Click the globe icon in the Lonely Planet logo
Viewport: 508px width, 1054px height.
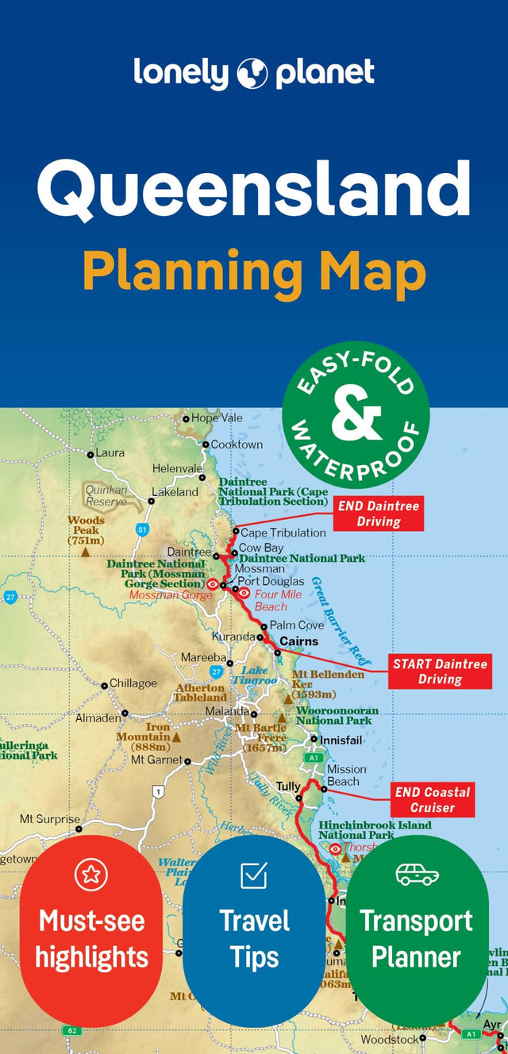(254, 72)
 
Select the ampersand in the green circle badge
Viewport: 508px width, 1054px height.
(356, 414)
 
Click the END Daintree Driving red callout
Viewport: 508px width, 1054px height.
(378, 514)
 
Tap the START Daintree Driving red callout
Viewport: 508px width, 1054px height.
(440, 671)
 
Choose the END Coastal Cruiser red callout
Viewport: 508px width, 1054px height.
(433, 800)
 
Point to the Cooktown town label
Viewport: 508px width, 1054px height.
(237, 444)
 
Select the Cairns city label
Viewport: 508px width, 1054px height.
(299, 641)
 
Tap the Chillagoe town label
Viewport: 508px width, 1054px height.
(133, 683)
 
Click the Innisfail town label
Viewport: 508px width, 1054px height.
(341, 739)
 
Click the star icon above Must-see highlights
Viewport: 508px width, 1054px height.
(90, 875)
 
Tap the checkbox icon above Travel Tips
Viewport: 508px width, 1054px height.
(254, 875)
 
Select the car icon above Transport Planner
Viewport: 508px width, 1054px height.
(417, 875)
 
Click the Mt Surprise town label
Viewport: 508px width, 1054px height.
(50, 819)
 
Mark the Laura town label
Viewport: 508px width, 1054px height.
(110, 453)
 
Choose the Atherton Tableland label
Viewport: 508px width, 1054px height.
(200, 693)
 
